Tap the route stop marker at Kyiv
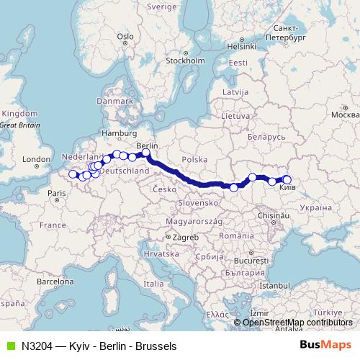click(287, 180)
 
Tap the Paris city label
click(58, 193)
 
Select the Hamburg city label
click(114, 133)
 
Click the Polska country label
click(194, 158)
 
